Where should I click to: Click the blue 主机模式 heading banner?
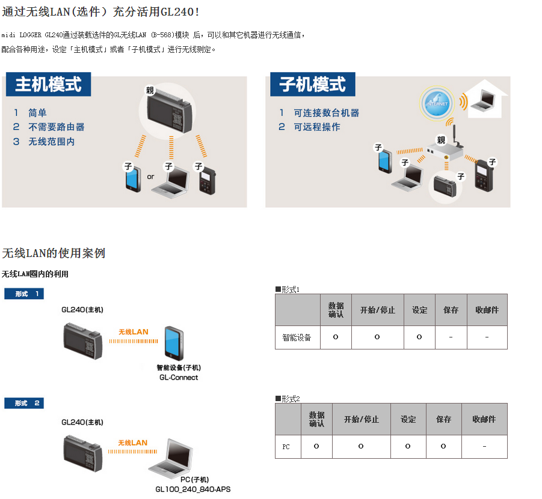click(48, 84)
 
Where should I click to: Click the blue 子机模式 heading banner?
click(312, 84)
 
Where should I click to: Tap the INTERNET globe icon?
click(437, 103)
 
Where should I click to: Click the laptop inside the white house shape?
click(484, 100)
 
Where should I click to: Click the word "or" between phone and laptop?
click(150, 177)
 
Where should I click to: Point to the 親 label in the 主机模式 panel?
click(150, 90)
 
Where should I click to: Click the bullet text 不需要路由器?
click(57, 127)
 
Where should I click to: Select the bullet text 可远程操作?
click(317, 127)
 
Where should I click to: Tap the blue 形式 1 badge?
click(24, 294)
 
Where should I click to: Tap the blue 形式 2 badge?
click(24, 403)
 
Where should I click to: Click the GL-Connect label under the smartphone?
click(179, 378)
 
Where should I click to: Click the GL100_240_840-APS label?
click(193, 489)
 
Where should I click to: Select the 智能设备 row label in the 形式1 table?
click(297, 337)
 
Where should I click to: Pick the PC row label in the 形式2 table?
click(286, 447)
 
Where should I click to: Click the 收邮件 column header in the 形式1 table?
click(487, 310)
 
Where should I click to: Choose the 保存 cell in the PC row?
click(443, 447)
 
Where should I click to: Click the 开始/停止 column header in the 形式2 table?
click(361, 419)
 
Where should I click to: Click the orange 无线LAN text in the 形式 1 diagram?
click(134, 332)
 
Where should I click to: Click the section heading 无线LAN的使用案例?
click(54, 253)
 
